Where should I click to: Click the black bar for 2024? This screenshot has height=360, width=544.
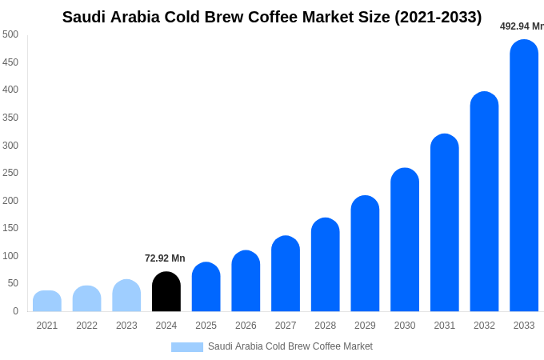click(x=166, y=292)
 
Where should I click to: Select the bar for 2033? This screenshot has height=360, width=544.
click(x=524, y=176)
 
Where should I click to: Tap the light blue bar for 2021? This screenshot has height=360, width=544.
click(x=47, y=302)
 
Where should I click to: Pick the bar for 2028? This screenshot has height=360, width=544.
click(x=326, y=265)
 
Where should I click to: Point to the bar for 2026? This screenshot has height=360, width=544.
click(x=246, y=281)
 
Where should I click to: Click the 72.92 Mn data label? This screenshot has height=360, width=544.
click(x=165, y=258)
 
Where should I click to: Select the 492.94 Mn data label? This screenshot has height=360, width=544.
click(x=521, y=26)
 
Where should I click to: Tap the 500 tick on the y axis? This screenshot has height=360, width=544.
click(x=10, y=34)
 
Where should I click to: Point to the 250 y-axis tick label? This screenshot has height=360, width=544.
click(x=10, y=173)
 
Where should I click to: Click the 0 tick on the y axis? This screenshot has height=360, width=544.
click(x=15, y=311)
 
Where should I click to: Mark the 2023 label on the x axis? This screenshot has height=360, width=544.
click(x=126, y=326)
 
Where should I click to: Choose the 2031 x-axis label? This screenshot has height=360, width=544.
click(x=445, y=326)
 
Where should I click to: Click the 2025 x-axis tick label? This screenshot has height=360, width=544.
click(x=206, y=326)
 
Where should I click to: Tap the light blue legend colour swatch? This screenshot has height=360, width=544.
click(x=186, y=347)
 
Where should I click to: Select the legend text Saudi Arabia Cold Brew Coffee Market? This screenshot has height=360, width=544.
click(x=290, y=346)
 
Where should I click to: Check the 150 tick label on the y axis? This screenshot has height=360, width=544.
click(x=10, y=228)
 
